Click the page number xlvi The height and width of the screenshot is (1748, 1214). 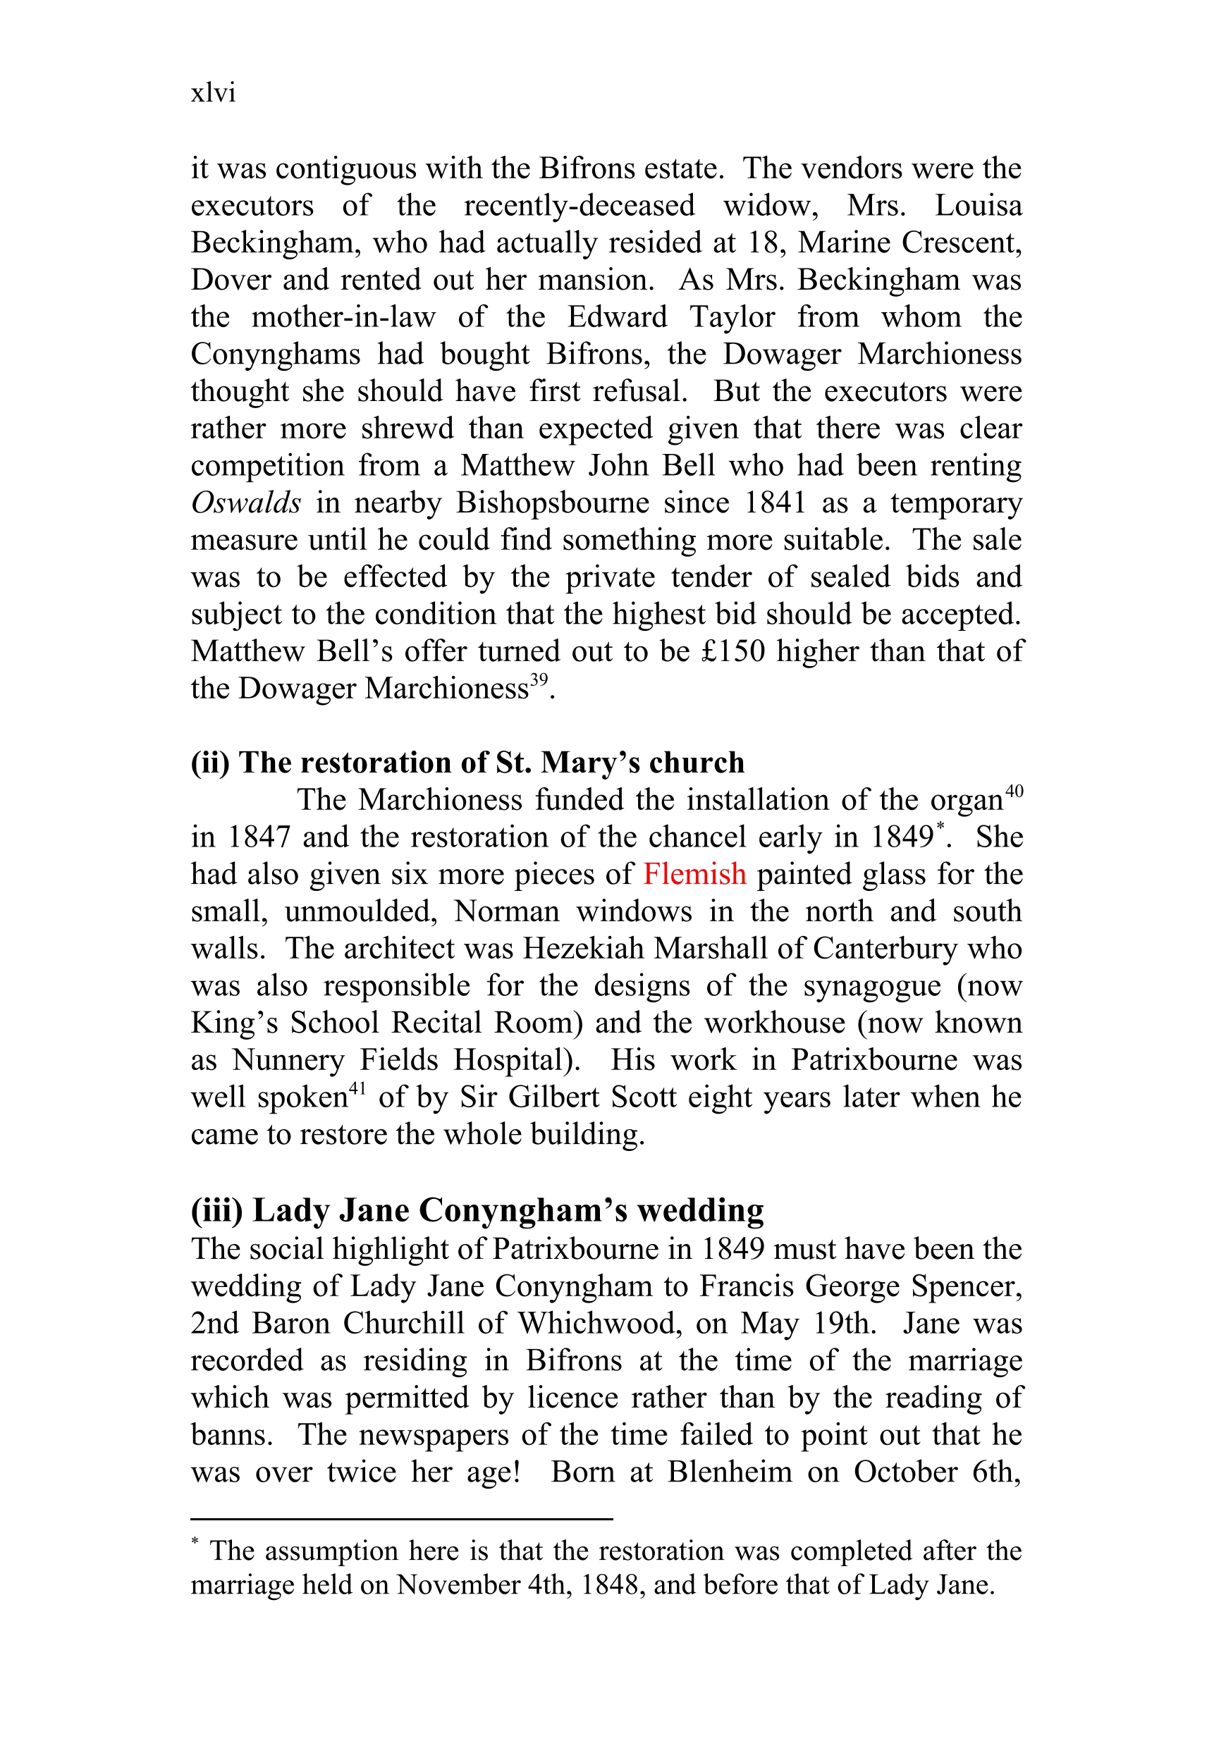pyautogui.click(x=213, y=93)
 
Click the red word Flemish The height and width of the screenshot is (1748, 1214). pyautogui.click(x=694, y=875)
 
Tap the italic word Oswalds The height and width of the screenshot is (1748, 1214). pyautogui.click(x=245, y=503)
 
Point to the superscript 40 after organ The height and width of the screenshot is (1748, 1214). pyautogui.click(x=1014, y=792)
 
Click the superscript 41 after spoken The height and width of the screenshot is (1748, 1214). pyautogui.click(x=357, y=1089)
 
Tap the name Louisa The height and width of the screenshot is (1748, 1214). pyautogui.click(x=979, y=205)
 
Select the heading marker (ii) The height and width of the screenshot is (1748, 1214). pyautogui.click(x=210, y=763)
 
